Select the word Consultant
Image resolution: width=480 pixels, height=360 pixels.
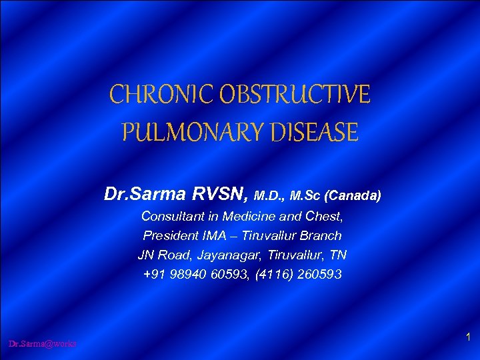click(175, 216)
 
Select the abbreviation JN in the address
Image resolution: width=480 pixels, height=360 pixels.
click(147, 255)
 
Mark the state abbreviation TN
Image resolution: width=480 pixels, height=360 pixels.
click(337, 255)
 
